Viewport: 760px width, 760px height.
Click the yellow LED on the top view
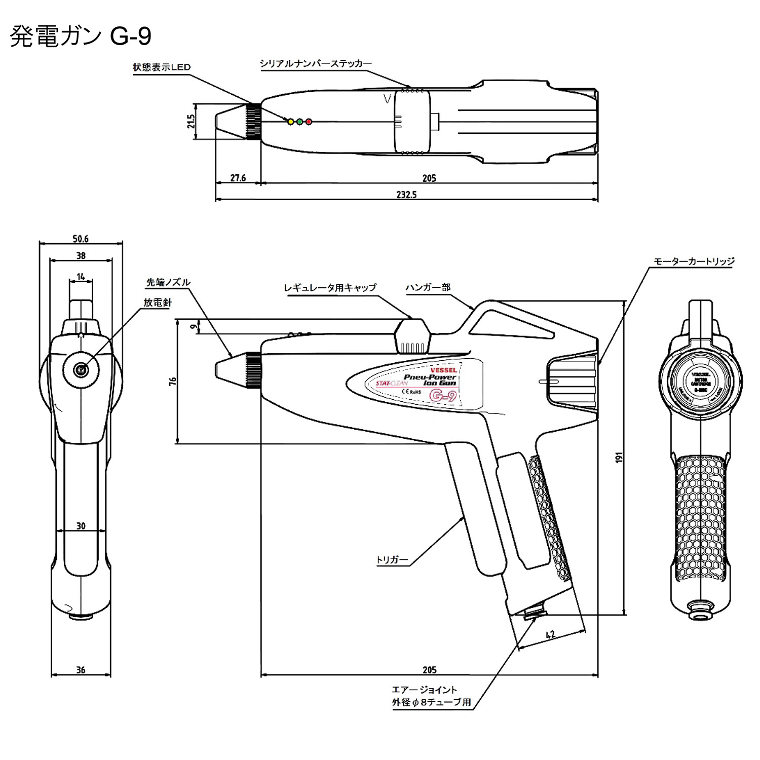coord(290,122)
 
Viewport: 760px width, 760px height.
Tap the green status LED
coord(299,122)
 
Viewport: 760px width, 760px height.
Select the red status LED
coord(309,122)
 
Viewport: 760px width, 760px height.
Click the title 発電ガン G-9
coord(81,36)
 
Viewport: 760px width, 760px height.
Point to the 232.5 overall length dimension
coord(406,195)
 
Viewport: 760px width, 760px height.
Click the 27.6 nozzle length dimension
coord(238,178)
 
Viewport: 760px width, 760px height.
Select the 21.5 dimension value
coord(191,121)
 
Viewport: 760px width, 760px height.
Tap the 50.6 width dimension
coord(81,239)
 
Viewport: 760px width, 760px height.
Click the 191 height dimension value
coord(619,457)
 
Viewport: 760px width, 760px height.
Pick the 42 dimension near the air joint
coord(551,634)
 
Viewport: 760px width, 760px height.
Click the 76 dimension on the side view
coord(173,381)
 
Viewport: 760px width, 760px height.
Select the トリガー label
coord(392,560)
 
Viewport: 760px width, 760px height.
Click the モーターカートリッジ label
coord(694,261)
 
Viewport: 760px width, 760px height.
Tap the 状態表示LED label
coord(162,67)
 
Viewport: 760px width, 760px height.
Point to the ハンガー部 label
coord(428,287)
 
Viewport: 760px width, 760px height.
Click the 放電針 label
coord(158,302)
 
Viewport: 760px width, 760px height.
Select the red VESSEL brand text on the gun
coord(443,370)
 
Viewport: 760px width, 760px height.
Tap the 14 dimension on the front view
coord(81,277)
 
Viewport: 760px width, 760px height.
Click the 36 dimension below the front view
coord(81,670)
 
